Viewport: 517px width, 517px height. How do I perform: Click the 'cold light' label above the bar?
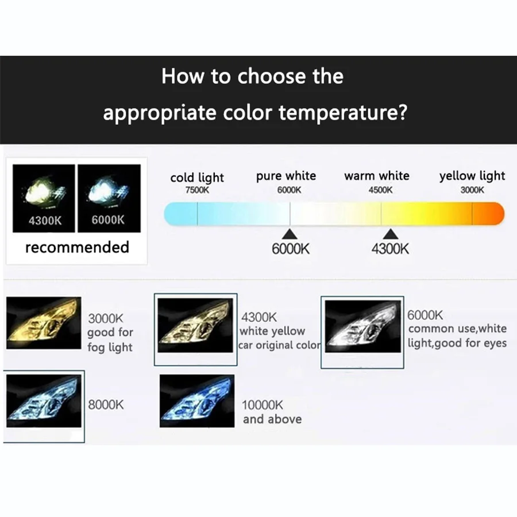(x=197, y=178)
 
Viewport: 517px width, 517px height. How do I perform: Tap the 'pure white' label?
(x=286, y=176)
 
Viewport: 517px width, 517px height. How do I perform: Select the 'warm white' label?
(x=377, y=176)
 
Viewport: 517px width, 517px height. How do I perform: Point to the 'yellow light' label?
(x=472, y=176)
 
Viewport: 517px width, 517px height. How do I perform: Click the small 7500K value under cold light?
(x=197, y=191)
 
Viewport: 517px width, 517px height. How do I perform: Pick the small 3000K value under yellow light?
(x=472, y=190)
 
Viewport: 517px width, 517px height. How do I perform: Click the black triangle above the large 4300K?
(x=391, y=233)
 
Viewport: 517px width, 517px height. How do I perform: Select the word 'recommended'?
(x=77, y=248)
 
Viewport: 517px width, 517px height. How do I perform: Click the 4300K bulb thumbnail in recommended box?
(x=44, y=198)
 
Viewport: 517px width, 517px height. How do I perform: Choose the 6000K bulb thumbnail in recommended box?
(x=109, y=198)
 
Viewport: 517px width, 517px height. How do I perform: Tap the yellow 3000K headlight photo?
(x=44, y=323)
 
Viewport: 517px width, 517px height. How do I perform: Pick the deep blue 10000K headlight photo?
(x=196, y=400)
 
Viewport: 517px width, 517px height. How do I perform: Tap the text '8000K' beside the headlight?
(x=106, y=404)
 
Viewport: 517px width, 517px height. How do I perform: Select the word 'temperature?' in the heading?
(x=343, y=112)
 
